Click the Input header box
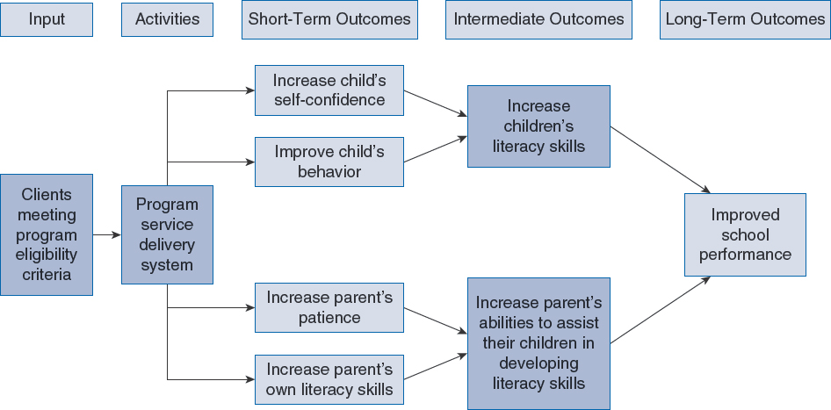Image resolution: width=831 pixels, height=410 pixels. (47, 19)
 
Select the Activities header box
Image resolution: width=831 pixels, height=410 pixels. (168, 19)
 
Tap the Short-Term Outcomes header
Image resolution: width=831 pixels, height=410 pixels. (329, 19)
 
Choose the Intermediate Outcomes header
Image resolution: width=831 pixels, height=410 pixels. (538, 19)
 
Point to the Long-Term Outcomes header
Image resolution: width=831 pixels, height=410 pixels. (745, 19)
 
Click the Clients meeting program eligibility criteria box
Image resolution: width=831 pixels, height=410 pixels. (47, 234)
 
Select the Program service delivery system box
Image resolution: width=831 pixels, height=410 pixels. (168, 234)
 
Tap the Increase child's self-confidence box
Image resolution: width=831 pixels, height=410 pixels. (329, 90)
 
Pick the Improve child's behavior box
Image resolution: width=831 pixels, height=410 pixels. (329, 162)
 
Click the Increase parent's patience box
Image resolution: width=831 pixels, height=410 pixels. (329, 308)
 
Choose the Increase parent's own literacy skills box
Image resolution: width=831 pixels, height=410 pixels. (329, 380)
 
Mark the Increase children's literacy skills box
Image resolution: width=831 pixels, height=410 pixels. (538, 126)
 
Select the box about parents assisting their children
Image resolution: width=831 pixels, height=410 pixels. (538, 343)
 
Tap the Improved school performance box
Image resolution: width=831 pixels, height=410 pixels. (745, 234)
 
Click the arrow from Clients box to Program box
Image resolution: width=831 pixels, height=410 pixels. (107, 234)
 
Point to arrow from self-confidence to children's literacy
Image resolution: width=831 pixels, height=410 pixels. (436, 104)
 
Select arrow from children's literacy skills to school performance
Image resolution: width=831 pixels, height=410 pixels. (661, 160)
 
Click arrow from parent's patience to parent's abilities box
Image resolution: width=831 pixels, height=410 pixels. (436, 321)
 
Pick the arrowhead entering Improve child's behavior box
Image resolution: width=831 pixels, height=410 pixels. (251, 162)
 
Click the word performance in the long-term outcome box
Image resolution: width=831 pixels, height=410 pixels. (745, 255)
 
